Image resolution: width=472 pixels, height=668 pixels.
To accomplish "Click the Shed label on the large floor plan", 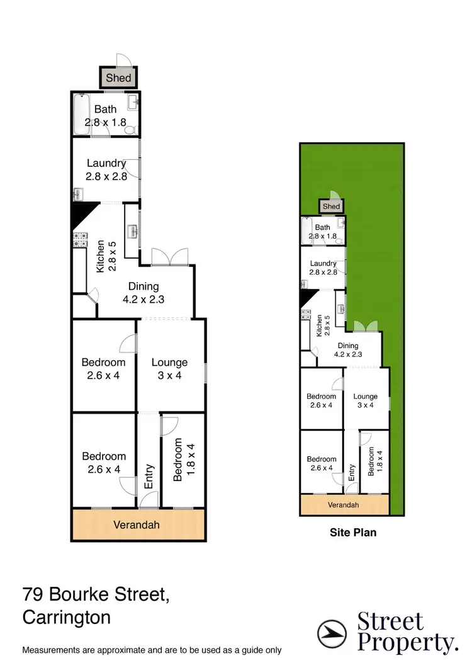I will pos(118,78).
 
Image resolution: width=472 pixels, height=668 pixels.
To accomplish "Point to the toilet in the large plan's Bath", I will pos(130,130).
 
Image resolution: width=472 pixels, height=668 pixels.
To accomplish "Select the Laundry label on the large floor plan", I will pos(106,170).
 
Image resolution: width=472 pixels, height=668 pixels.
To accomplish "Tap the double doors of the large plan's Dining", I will pos(170,257).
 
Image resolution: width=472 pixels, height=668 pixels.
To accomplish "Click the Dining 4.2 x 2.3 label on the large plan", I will pos(143,293).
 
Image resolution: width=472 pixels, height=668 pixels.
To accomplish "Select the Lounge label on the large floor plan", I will pos(170,369).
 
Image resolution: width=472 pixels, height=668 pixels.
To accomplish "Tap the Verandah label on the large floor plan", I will pos(137,525).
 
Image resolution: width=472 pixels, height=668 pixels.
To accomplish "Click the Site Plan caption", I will pos(353,533).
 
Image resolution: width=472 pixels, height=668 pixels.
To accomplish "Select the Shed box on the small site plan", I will pos(331,207).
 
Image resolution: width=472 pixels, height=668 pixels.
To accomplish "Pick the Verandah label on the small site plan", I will pos(343,505).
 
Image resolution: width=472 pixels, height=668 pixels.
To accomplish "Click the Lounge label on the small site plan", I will pos(366,401).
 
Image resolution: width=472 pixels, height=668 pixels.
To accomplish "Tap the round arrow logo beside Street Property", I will pos(331,631).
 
